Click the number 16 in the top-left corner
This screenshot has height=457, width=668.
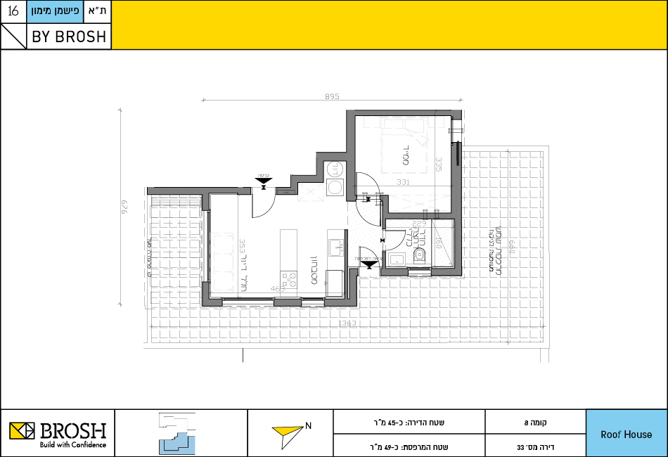(13, 11)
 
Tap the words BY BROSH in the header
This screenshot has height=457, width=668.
(69, 37)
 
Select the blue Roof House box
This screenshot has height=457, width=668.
(626, 434)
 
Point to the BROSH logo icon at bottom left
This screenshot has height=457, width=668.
(21, 430)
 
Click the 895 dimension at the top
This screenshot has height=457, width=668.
(332, 97)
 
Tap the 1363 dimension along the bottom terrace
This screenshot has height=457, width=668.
(347, 324)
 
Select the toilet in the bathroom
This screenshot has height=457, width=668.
(420, 257)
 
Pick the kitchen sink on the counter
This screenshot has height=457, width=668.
(334, 247)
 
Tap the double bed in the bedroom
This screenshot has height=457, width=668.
(404, 148)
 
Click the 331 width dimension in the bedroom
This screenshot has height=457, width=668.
(403, 183)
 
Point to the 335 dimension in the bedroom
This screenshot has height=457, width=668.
(439, 165)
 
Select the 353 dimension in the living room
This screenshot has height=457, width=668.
(241, 247)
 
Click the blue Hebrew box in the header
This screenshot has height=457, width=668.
(56, 12)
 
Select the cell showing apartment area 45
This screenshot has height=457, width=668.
(409, 423)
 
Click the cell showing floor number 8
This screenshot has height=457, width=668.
(535, 423)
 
